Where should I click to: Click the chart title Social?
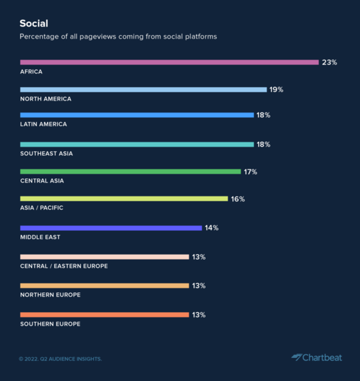(34, 24)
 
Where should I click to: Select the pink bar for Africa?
(169, 62)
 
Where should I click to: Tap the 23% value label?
(329, 62)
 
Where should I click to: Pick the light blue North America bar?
(143, 90)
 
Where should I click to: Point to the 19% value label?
(276, 90)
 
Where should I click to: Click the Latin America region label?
(43, 124)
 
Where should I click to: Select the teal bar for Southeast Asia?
(137, 144)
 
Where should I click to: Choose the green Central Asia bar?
(130, 172)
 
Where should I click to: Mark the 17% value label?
(251, 172)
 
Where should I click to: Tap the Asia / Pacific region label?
(42, 208)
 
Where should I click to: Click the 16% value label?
(238, 199)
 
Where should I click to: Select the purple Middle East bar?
(111, 228)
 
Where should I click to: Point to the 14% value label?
(212, 228)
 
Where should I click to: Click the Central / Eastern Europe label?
(64, 266)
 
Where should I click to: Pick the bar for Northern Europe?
(104, 285)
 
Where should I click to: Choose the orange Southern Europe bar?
(104, 315)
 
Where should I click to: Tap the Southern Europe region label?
(50, 324)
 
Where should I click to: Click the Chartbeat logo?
(317, 357)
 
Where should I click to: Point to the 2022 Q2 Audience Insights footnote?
(60, 359)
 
